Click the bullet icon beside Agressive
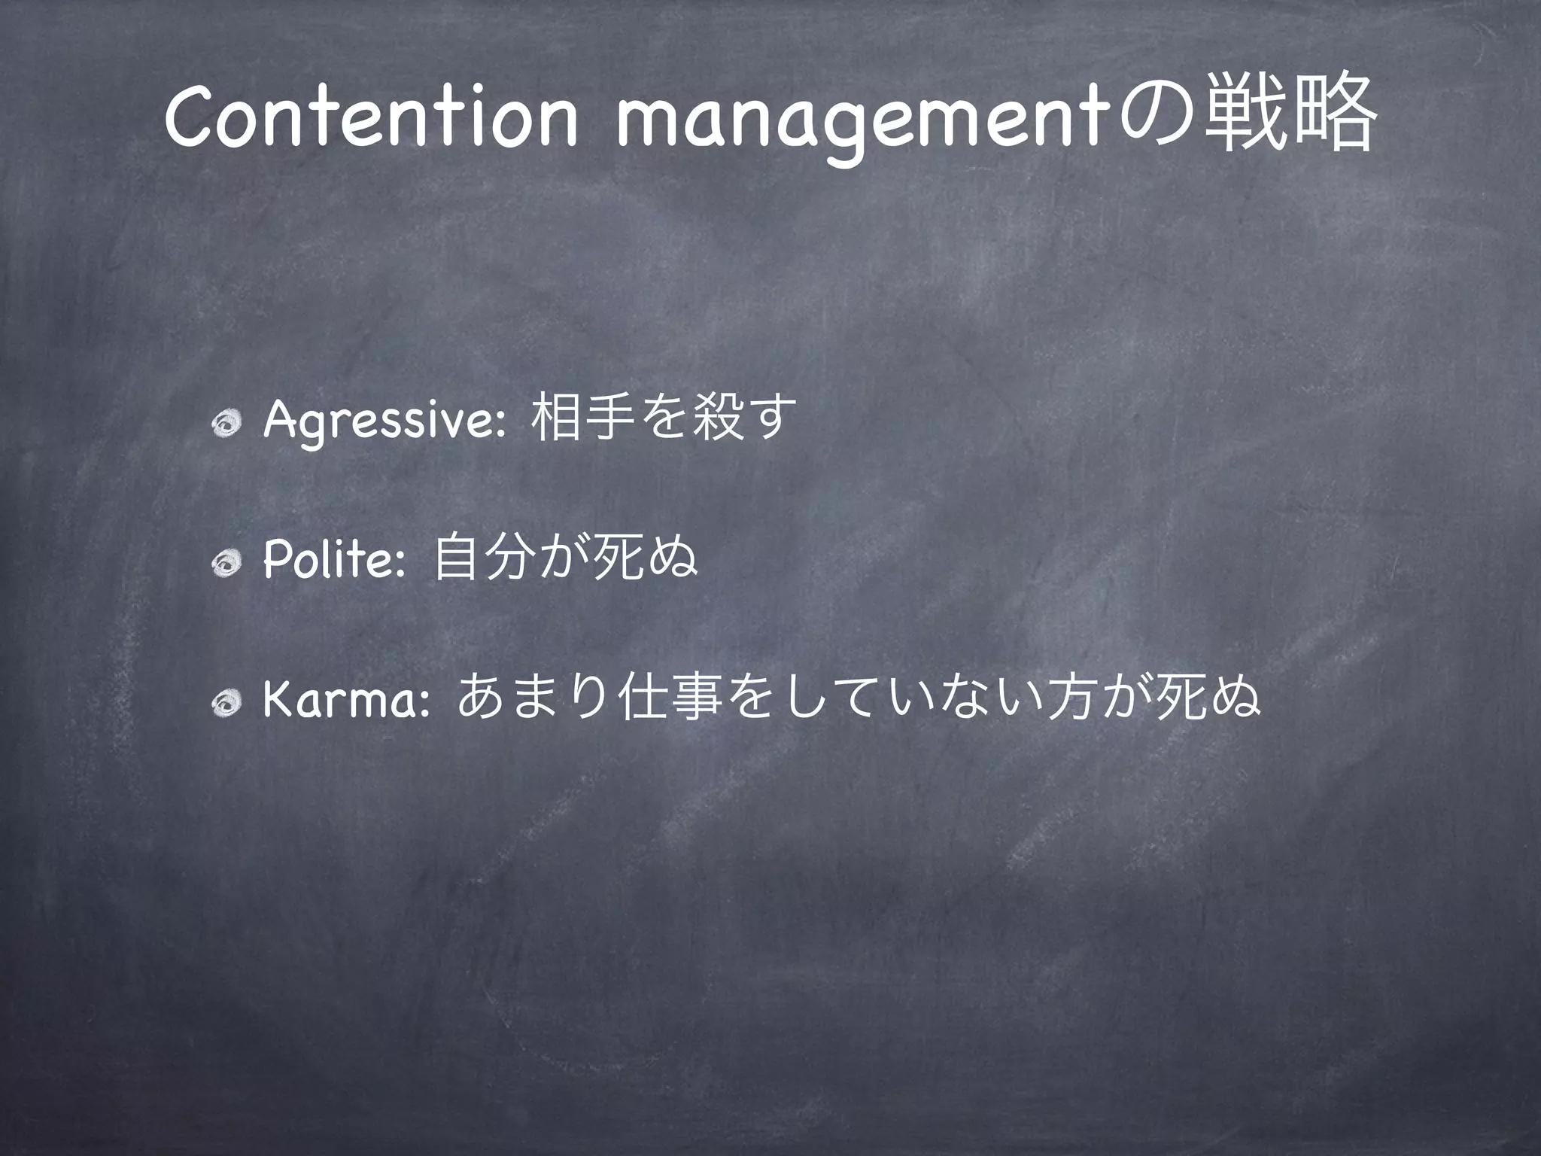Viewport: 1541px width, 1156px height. (x=226, y=426)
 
